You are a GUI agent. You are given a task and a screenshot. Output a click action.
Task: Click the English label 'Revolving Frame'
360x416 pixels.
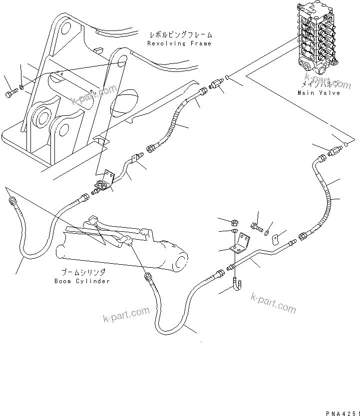point(179,43)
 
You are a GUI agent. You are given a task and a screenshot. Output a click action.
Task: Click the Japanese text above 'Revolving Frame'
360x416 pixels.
point(180,35)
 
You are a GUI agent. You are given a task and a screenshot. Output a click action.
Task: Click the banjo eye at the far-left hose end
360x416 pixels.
point(11,201)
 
